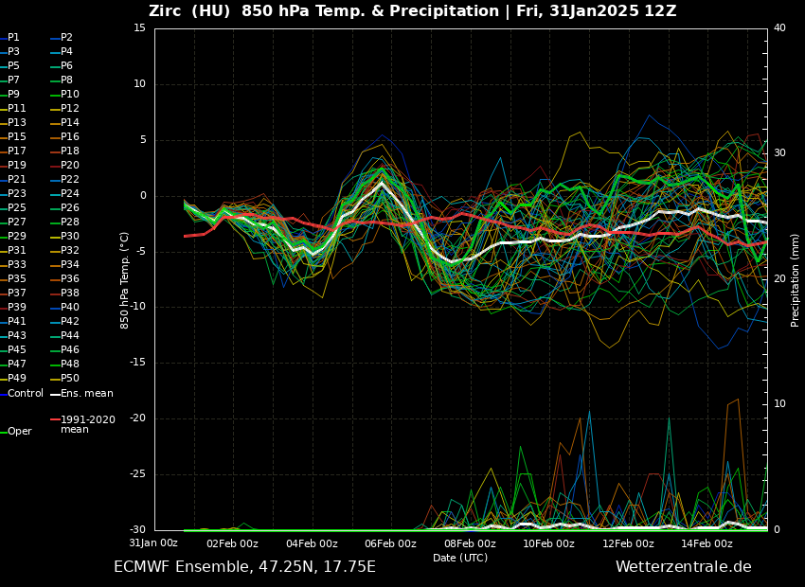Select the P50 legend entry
pos(70,379)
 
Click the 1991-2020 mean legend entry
pos(87,424)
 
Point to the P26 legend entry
pos(70,208)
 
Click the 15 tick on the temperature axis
pos(139,28)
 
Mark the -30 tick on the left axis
pos(136,530)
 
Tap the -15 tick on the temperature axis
pos(136,363)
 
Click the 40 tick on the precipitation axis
pos(779,28)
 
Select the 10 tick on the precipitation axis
pos(779,404)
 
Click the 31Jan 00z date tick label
pos(153,543)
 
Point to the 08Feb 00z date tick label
pos(470,543)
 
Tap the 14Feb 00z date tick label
pos(707,543)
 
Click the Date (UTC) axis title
pos(460,559)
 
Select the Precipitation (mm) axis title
pos(796,279)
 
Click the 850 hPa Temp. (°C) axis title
pos(125,279)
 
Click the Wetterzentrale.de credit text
pos(683,567)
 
